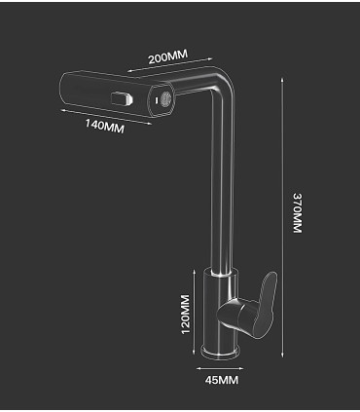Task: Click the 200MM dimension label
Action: tap(166, 56)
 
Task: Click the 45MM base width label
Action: tap(224, 380)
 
